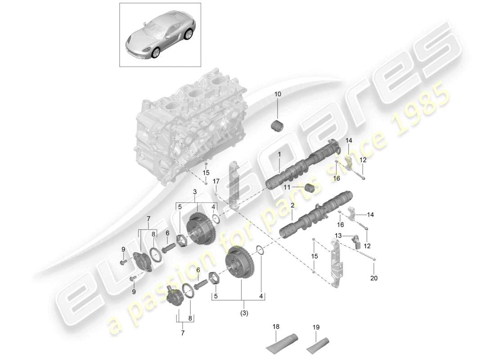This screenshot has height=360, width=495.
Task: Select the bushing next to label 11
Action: [x=309, y=188]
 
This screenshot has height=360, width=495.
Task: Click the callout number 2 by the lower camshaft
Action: [x=292, y=206]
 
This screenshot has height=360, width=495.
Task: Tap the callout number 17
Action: [x=216, y=181]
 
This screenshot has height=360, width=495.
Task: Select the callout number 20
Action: [x=373, y=278]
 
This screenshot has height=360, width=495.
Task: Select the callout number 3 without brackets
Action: [x=194, y=192]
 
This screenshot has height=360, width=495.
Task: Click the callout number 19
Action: [x=315, y=327]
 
